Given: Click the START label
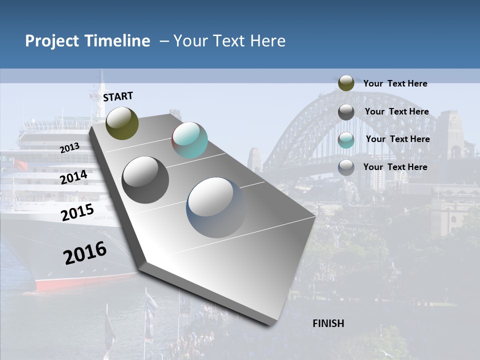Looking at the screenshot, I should coord(118,96).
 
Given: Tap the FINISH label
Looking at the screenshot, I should coord(328,323).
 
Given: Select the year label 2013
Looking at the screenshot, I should coord(69,147).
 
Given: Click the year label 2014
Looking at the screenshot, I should coord(73,177).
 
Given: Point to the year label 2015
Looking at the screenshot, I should coord(77,212).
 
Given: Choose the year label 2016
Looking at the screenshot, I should coord(85,253).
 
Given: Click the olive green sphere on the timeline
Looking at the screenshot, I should coord(122,123).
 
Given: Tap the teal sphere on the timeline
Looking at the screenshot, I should coord(189,140).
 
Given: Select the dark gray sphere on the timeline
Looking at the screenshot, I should coord(145,180).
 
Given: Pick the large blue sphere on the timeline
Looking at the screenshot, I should coord(216,207).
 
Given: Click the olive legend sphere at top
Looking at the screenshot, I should coord(346,83).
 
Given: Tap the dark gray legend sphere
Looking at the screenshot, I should coord(346,111).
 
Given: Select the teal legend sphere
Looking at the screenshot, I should coord(346,139).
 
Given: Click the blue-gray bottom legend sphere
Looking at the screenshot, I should coord(346,167).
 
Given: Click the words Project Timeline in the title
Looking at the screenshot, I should coord(87,41).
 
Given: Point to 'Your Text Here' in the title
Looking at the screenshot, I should coord(229,41).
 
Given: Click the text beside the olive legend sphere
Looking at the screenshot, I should coord(395,83).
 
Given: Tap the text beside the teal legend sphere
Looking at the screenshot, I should coord(397,139).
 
